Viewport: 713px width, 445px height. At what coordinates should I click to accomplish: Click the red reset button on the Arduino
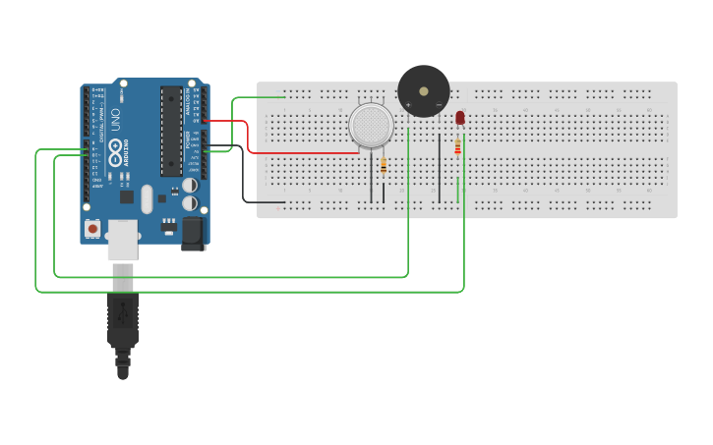pyautogui.click(x=92, y=229)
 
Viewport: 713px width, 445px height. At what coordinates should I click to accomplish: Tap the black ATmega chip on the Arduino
pyautogui.click(x=171, y=130)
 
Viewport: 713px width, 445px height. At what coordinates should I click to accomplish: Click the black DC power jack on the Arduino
pyautogui.click(x=192, y=232)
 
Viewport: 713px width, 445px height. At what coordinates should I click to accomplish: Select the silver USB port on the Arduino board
pyautogui.click(x=122, y=240)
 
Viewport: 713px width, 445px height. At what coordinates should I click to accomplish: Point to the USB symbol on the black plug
pyautogui.click(x=122, y=312)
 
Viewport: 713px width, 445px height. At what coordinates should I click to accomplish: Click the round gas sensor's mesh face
pyautogui.click(x=371, y=125)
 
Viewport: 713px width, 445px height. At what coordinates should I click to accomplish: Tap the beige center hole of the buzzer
pyautogui.click(x=424, y=91)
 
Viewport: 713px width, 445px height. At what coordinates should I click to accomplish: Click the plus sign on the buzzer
pyautogui.click(x=408, y=104)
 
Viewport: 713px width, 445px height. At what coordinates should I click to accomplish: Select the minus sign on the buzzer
pyautogui.click(x=439, y=104)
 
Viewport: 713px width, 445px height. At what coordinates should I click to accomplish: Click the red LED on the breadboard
pyautogui.click(x=459, y=118)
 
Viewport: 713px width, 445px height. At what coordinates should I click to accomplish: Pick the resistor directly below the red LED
pyautogui.click(x=457, y=147)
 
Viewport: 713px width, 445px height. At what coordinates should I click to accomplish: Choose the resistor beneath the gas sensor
pyautogui.click(x=383, y=166)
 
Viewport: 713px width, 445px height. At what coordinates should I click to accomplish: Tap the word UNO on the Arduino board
pyautogui.click(x=115, y=120)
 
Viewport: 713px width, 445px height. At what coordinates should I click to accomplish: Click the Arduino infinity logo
pyautogui.click(x=115, y=151)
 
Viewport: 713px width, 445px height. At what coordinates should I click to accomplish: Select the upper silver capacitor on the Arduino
pyautogui.click(x=189, y=185)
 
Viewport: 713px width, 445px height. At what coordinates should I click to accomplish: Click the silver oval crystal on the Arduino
pyautogui.click(x=148, y=199)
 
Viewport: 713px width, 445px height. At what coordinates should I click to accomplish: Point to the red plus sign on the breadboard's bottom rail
pyautogui.click(x=279, y=208)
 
